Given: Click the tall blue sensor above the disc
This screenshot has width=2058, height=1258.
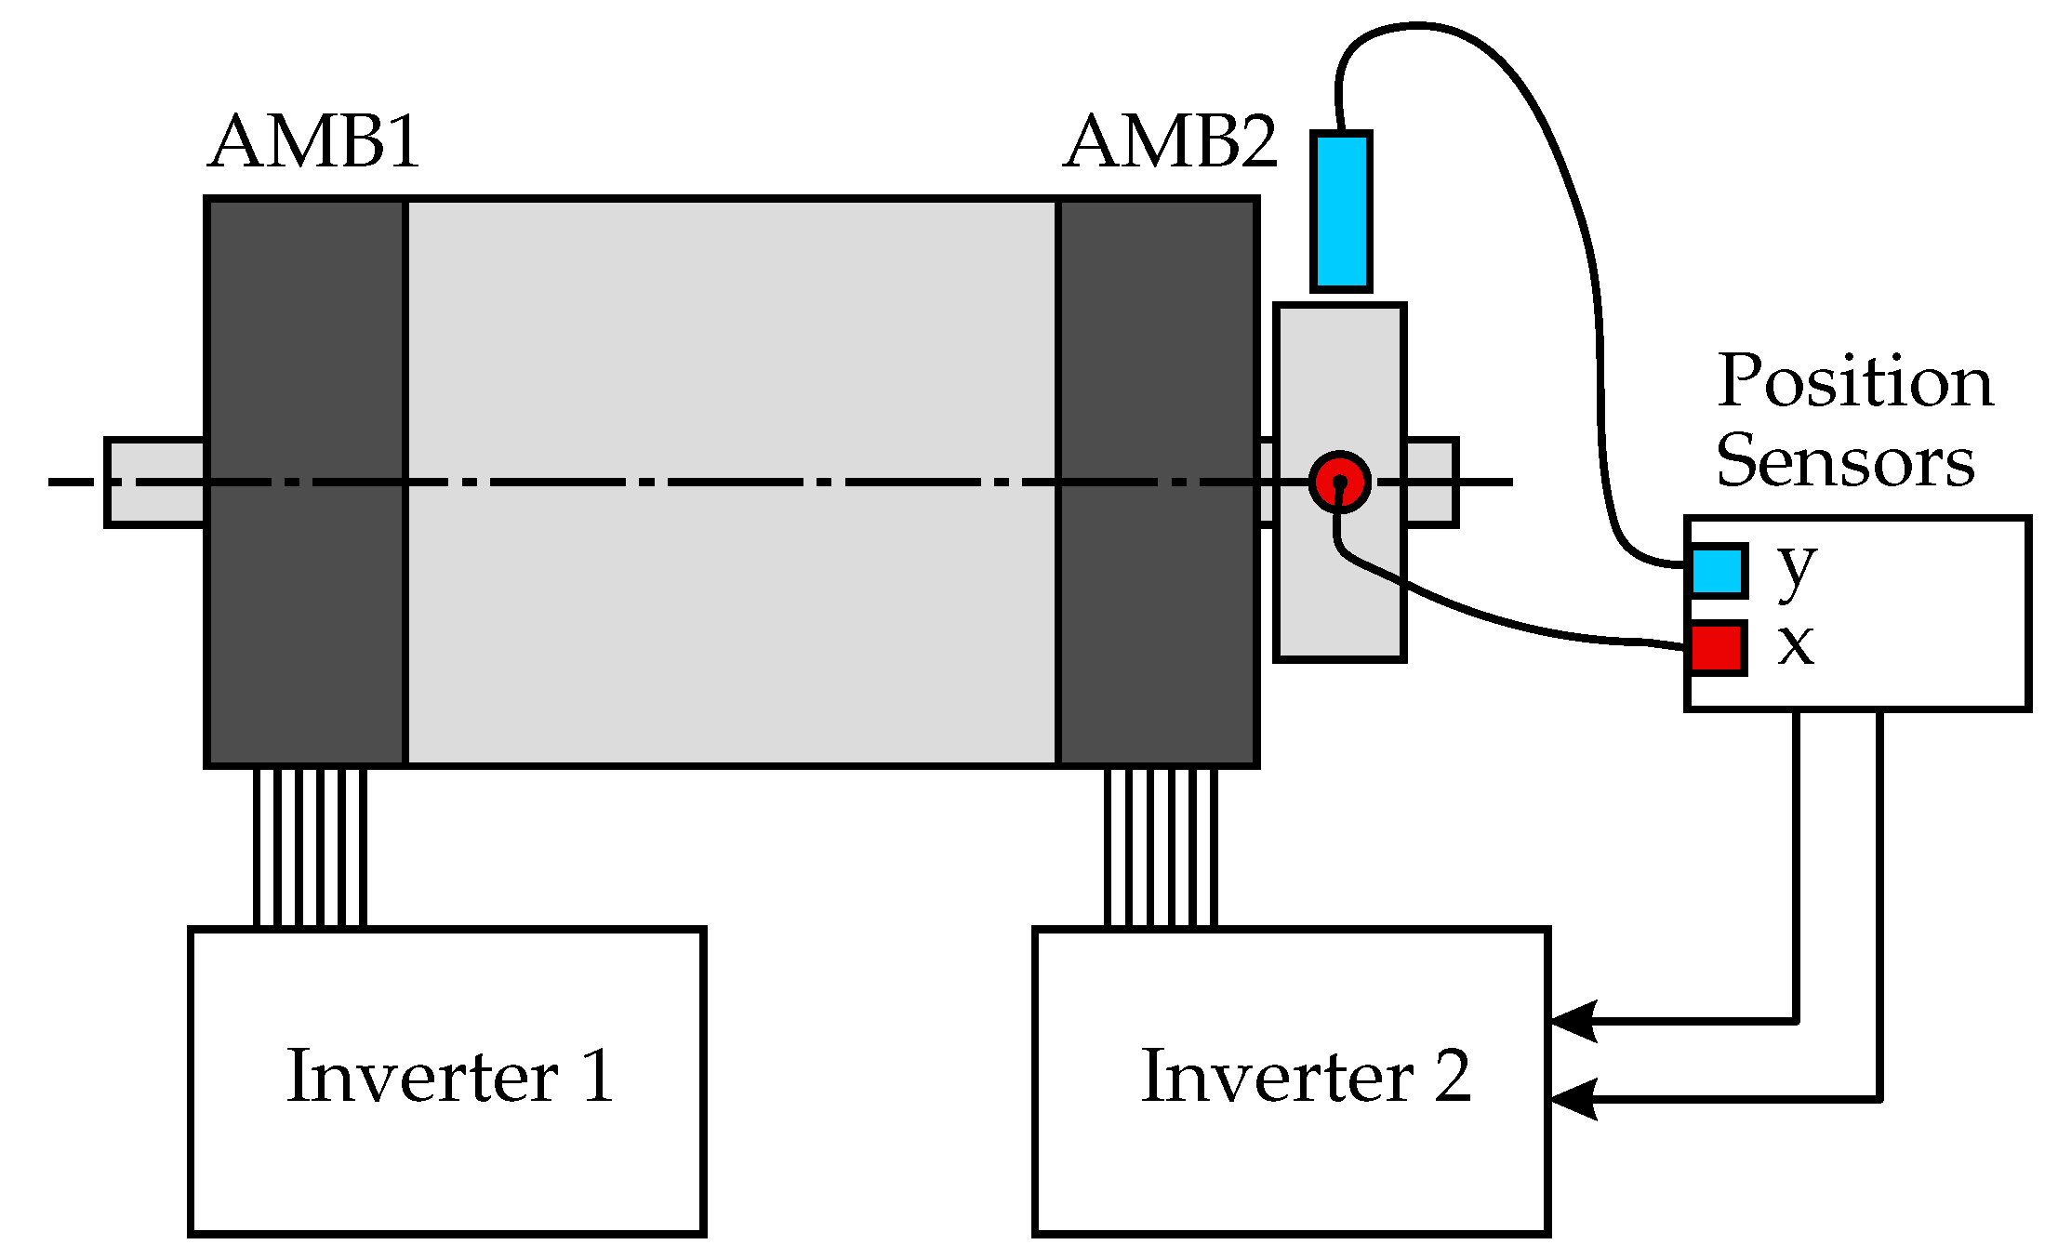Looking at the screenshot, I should point(1341,212).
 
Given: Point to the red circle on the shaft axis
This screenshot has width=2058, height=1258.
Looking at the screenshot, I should point(1339,482).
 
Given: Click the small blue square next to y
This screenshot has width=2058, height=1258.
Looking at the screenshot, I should point(1717,571).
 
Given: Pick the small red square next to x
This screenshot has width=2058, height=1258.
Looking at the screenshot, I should point(1716,647).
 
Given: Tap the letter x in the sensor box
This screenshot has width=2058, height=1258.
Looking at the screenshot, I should point(1796,643).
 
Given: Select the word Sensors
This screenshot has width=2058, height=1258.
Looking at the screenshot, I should point(1845,461).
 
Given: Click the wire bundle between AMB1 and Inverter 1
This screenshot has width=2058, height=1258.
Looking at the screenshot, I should point(310,847).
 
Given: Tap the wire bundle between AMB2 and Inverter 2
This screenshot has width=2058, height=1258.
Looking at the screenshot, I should point(1161,847).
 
